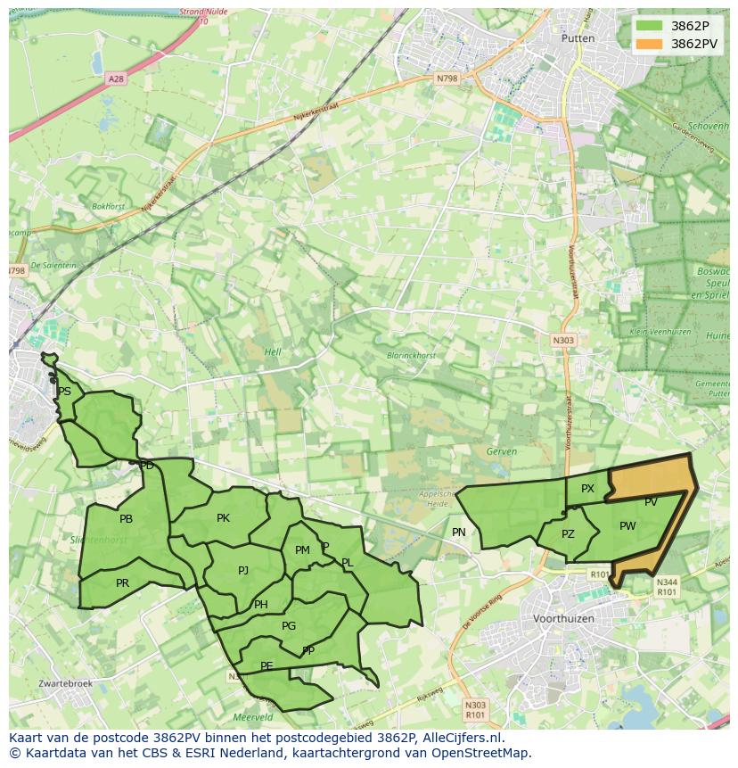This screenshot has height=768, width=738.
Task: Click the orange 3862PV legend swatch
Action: pyautogui.click(x=650, y=44)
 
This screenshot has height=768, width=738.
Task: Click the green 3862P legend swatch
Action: pyautogui.click(x=650, y=26)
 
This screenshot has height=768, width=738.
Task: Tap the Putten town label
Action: pyautogui.click(x=578, y=38)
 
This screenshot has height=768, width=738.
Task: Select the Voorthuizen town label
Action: pyautogui.click(x=562, y=618)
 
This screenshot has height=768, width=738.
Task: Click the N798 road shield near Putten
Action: pyautogui.click(x=447, y=78)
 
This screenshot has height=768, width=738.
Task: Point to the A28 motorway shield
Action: pyautogui.click(x=116, y=78)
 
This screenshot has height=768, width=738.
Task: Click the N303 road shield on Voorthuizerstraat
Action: pyautogui.click(x=563, y=340)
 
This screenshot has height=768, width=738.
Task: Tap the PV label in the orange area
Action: pyautogui.click(x=651, y=502)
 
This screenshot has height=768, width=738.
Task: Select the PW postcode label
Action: pyautogui.click(x=627, y=526)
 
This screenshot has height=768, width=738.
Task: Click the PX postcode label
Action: pyautogui.click(x=587, y=489)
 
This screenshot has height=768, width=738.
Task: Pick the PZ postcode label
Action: pyautogui.click(x=568, y=534)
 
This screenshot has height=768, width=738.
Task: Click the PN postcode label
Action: pyautogui.click(x=459, y=533)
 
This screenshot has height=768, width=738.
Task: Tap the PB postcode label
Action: pyautogui.click(x=126, y=519)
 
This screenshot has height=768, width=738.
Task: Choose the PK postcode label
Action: pyautogui.click(x=223, y=518)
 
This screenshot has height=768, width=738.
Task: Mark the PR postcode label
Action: pyautogui.click(x=122, y=583)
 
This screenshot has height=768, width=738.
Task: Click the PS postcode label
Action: pyautogui.click(x=64, y=392)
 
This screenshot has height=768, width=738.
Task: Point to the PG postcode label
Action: pyautogui.click(x=288, y=626)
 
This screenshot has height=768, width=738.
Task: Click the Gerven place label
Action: pyautogui.click(x=502, y=451)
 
